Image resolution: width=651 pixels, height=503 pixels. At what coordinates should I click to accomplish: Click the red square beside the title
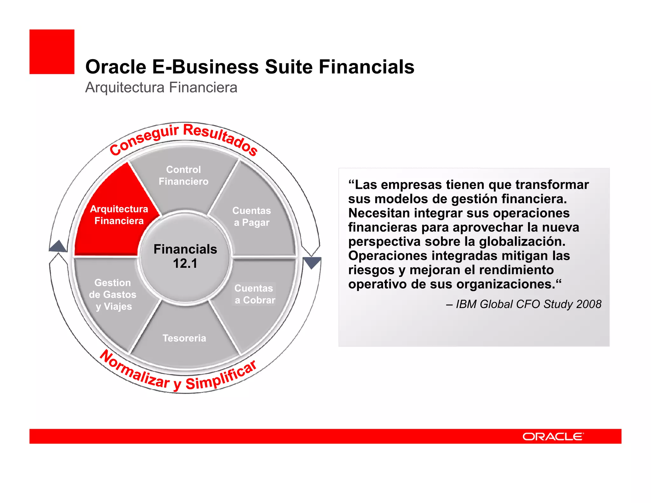(x=52, y=52)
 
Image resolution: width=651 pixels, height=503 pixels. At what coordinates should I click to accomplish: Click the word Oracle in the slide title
(x=116, y=67)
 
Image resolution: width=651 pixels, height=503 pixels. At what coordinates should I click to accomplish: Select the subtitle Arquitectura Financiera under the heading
(x=161, y=87)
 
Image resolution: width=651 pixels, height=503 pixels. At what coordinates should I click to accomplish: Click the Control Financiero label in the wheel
(x=183, y=176)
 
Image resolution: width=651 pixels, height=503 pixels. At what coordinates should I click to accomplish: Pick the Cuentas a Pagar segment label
(x=251, y=217)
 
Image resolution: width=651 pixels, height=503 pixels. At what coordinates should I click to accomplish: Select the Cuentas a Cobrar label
(x=255, y=294)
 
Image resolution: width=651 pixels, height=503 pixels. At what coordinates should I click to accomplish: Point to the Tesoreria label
(x=184, y=338)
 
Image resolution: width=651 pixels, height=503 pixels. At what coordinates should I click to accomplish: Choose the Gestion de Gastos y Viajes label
(x=113, y=294)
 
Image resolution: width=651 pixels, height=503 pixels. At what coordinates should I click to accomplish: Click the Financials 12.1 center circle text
(x=185, y=256)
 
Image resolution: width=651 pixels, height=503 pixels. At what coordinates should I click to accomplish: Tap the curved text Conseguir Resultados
(x=183, y=137)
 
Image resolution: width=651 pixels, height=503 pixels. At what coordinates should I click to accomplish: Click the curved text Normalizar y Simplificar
(x=178, y=375)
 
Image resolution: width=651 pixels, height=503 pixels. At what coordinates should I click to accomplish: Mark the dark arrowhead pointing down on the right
(x=312, y=263)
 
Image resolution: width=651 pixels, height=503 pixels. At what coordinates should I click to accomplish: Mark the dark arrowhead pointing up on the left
(x=58, y=246)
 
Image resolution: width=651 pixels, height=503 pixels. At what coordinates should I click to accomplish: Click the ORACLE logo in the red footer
(x=553, y=437)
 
